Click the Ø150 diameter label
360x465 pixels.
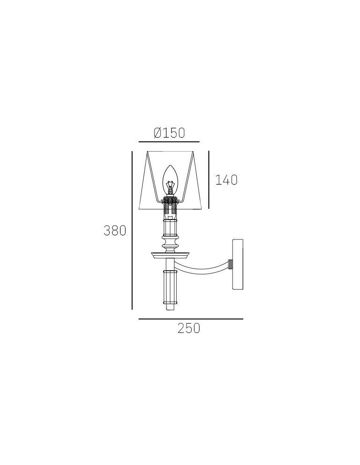point(169,133)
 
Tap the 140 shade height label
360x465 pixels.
point(226,179)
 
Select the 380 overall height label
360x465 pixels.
point(115,231)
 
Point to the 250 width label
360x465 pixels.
point(189,328)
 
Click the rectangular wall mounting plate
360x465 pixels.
point(238,264)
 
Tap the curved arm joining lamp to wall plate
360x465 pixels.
point(202,267)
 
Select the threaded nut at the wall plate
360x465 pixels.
point(230,264)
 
